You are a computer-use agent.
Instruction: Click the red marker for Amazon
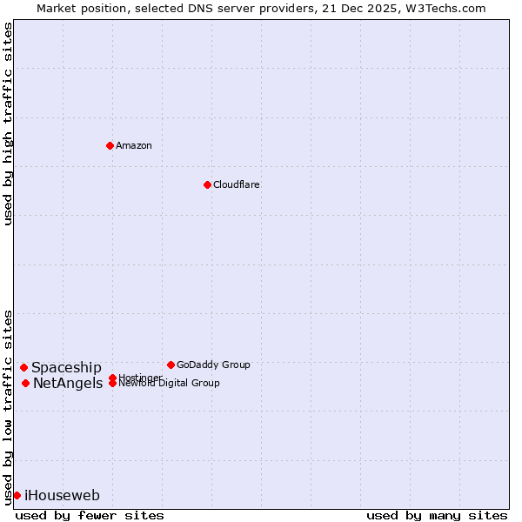tap(110, 145)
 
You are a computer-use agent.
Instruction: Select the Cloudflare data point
tap(207, 184)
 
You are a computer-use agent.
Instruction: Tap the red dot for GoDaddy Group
tap(171, 365)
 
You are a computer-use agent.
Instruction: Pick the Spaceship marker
tap(23, 367)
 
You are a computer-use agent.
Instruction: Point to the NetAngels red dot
tap(25, 383)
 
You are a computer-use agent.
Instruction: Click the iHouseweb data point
tap(17, 495)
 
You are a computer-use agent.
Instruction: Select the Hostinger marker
tap(112, 378)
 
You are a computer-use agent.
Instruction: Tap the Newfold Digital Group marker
tap(112, 384)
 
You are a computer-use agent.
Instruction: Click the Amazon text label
tap(134, 145)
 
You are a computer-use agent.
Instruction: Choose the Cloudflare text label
tap(237, 184)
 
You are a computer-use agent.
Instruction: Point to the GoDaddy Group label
tap(213, 365)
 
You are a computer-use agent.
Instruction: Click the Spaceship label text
tap(66, 368)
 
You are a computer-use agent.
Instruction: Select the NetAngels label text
tap(68, 384)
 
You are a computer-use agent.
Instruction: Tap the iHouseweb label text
tap(62, 496)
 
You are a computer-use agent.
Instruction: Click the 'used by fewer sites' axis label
tap(90, 515)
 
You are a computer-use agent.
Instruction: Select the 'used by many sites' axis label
tap(437, 515)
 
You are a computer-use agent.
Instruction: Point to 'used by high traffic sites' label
tap(8, 124)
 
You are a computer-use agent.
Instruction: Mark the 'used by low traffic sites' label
tap(8, 406)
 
